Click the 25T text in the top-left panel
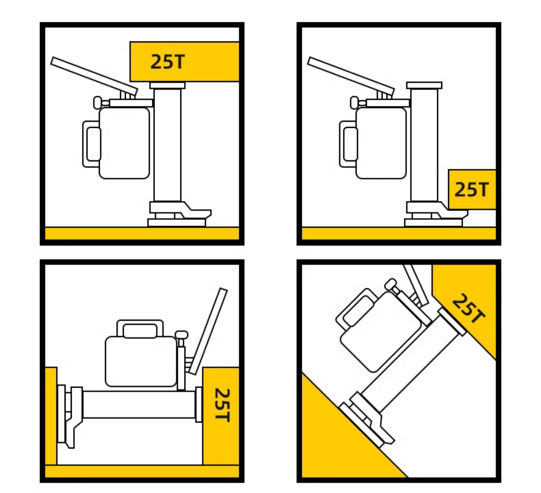(x=167, y=62)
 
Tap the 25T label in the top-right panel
(x=471, y=190)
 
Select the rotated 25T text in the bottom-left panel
(x=222, y=405)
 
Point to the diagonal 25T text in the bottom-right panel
(x=468, y=308)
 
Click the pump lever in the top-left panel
(x=94, y=76)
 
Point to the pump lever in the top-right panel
(x=351, y=76)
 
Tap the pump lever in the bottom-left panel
(x=208, y=331)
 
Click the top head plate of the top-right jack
(x=424, y=85)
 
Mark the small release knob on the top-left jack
(x=98, y=103)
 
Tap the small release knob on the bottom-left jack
(x=181, y=335)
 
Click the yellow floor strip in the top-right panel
(x=399, y=234)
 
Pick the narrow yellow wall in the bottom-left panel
(x=51, y=416)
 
